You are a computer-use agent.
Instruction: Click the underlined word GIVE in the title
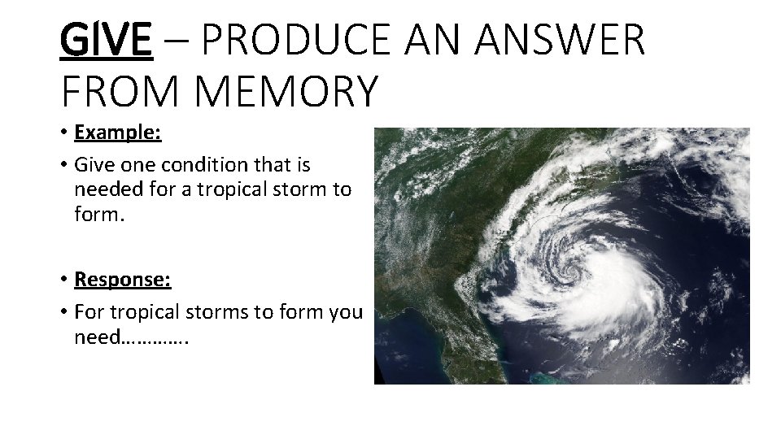pyautogui.click(x=106, y=40)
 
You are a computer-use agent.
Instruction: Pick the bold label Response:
pyautogui.click(x=122, y=279)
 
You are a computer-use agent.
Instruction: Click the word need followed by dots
pyautogui.click(x=96, y=337)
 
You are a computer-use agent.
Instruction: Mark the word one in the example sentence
pyautogui.click(x=143, y=165)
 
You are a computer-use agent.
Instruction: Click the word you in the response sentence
pyautogui.click(x=347, y=312)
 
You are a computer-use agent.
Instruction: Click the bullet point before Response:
pyautogui.click(x=63, y=280)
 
